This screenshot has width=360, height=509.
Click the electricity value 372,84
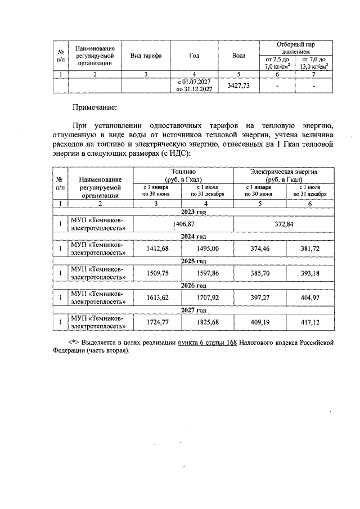coord(287,224)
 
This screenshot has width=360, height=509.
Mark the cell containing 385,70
coord(260,273)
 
